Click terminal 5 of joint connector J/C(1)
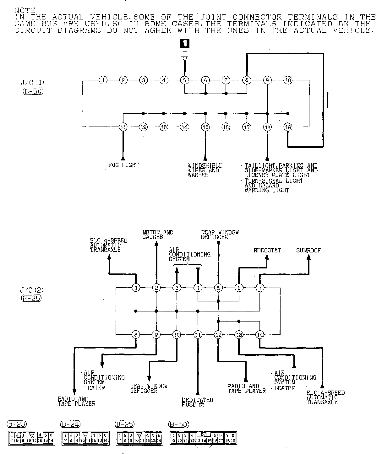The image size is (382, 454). [185, 80]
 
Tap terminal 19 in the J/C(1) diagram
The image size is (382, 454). [288, 127]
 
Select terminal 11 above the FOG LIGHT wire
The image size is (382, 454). [123, 127]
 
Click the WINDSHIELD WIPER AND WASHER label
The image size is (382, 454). [205, 170]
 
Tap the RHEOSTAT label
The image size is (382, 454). [267, 250]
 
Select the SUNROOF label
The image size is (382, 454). [308, 250]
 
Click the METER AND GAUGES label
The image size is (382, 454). [158, 235]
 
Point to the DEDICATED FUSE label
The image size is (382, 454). [197, 402]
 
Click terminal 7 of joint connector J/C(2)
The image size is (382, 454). [259, 288]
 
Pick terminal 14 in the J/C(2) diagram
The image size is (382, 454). [259, 335]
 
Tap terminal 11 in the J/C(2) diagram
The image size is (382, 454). [198, 335]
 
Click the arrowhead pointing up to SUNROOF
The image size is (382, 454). [309, 257]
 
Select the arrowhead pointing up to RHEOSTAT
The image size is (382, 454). [267, 257]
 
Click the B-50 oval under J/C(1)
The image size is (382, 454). [33, 91]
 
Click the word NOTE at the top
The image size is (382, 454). [25, 10]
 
